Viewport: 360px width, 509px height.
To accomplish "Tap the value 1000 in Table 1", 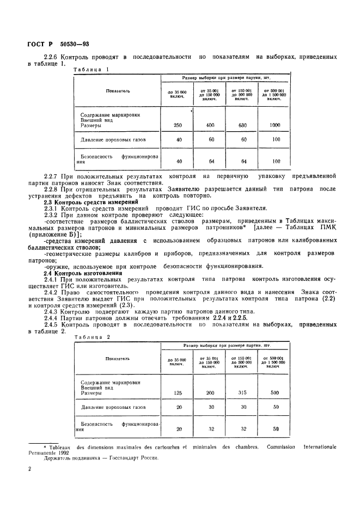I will [275, 125].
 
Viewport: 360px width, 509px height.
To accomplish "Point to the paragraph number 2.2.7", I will [53, 176].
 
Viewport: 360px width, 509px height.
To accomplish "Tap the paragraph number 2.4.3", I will [53, 310].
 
